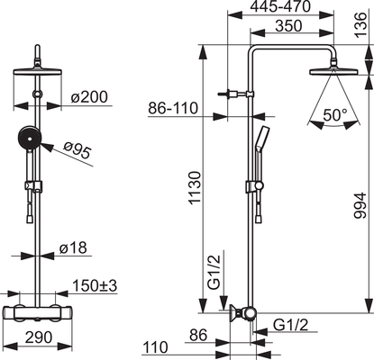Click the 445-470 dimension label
[x=280, y=6]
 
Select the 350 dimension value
[x=289, y=26]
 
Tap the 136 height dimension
[x=360, y=25]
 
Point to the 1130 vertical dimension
[x=194, y=188]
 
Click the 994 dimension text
[x=360, y=205]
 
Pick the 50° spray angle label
[x=335, y=115]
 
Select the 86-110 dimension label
[x=173, y=108]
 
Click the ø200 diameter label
[x=89, y=97]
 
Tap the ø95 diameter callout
[x=78, y=149]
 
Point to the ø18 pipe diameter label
[x=73, y=247]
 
